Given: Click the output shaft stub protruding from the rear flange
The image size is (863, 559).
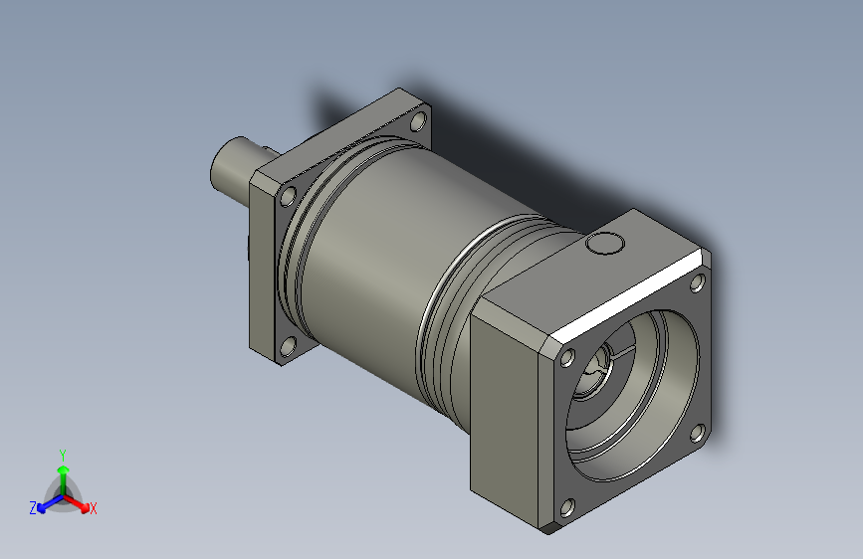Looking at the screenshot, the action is coord(234,168).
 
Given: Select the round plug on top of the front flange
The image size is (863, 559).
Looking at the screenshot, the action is coord(604,243).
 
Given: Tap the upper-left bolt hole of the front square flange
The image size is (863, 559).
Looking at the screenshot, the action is coord(567,358).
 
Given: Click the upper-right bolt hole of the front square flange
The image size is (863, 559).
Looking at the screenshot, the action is coord(698,282).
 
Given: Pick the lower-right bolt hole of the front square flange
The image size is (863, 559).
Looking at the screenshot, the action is coord(698,433).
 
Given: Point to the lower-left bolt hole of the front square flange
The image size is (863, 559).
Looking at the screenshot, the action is coord(567,508).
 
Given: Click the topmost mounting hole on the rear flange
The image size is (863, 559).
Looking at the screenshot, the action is coord(419,121).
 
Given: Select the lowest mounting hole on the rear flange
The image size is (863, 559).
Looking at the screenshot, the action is coord(288,346).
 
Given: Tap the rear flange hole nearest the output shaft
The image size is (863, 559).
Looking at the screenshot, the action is coord(288,196).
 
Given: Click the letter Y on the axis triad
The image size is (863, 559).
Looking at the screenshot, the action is coord(63,455).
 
